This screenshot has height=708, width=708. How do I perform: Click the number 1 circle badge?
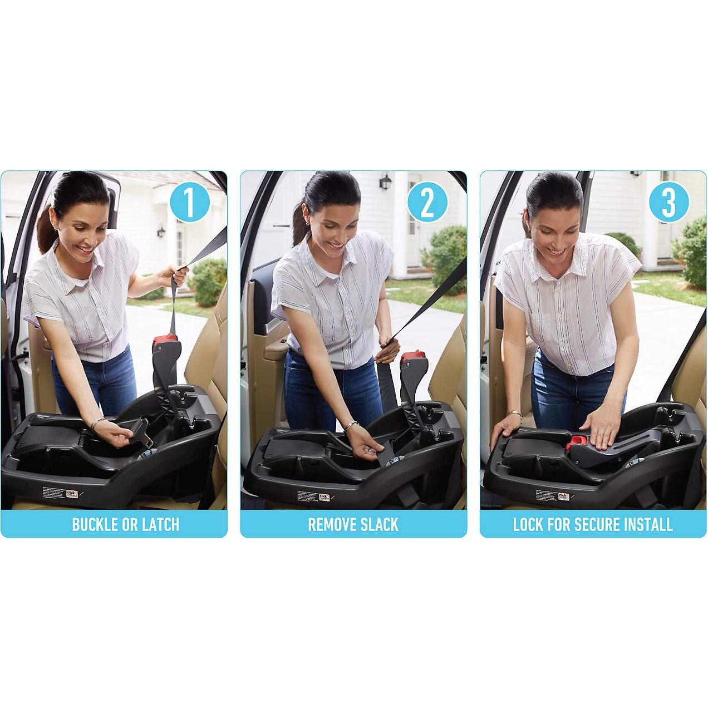click(189, 203)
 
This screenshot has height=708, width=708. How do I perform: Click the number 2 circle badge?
click(427, 203)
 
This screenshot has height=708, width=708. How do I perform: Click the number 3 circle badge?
click(668, 203)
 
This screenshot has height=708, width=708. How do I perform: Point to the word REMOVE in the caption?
click(332, 524)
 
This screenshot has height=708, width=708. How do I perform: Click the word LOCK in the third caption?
click(528, 524)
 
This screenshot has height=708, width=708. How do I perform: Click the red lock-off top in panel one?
click(166, 338)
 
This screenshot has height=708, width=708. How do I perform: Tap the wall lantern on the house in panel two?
click(384, 181)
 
